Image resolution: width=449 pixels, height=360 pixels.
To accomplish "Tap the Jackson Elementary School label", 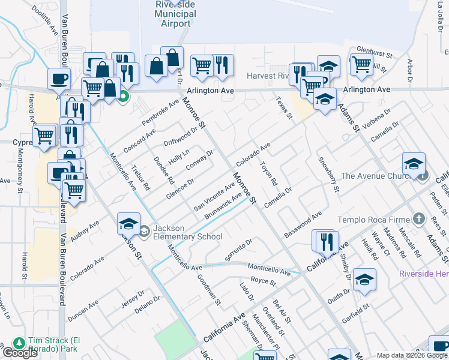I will click(188, 232).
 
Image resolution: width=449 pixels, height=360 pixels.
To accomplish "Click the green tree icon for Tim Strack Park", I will click(19, 342).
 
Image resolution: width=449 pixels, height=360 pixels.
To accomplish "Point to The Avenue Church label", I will click(378, 176).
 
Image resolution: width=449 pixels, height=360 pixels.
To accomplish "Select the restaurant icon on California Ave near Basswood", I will click(326, 242).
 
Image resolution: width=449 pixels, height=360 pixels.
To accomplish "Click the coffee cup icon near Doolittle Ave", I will click(59, 79).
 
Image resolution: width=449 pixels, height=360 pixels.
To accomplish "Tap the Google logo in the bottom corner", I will click(20, 353).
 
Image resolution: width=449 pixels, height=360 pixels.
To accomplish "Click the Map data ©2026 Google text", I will click(412, 355).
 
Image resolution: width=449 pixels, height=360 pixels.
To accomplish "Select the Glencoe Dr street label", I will click(180, 189).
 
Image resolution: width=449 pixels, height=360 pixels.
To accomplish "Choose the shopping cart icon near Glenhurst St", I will click(361, 64).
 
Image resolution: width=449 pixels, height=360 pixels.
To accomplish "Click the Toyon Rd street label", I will click(269, 173).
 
